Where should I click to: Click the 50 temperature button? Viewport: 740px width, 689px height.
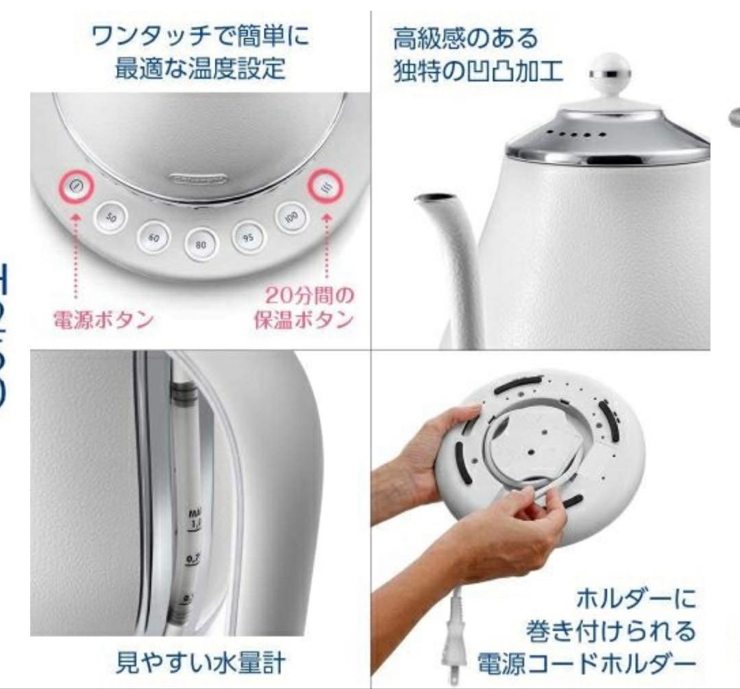tap(111, 218)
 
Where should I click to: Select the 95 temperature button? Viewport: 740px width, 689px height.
tap(247, 236)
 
